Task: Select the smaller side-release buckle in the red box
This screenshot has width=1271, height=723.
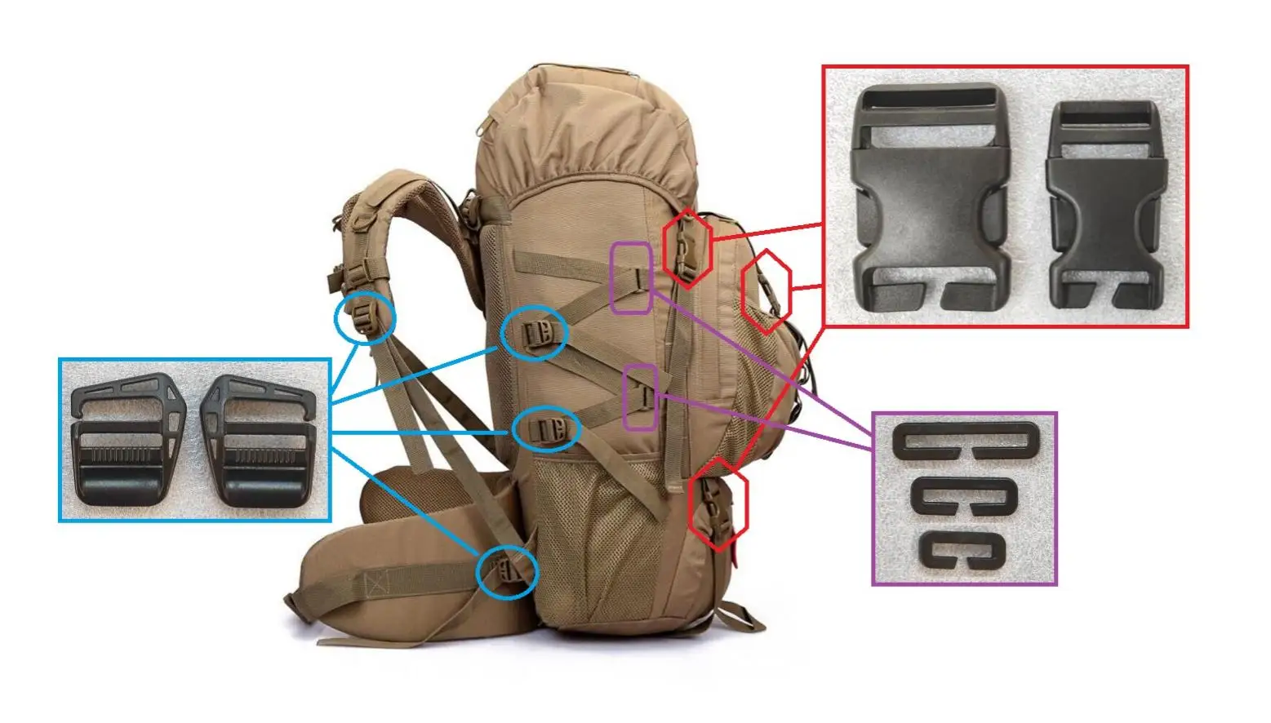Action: tap(1107, 204)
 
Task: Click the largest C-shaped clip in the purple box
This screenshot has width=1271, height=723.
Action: tap(966, 441)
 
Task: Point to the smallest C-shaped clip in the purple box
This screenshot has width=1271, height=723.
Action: tap(961, 550)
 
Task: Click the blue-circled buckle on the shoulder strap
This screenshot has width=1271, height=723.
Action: tap(365, 317)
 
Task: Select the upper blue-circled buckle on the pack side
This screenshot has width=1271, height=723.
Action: tap(533, 333)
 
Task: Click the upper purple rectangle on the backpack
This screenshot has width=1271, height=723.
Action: tap(632, 277)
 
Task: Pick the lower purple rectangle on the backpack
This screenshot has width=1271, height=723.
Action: tap(641, 397)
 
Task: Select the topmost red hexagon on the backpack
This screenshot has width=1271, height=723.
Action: tap(687, 247)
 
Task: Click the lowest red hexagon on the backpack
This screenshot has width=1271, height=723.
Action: tap(718, 503)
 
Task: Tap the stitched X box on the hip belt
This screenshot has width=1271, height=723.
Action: tap(375, 584)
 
